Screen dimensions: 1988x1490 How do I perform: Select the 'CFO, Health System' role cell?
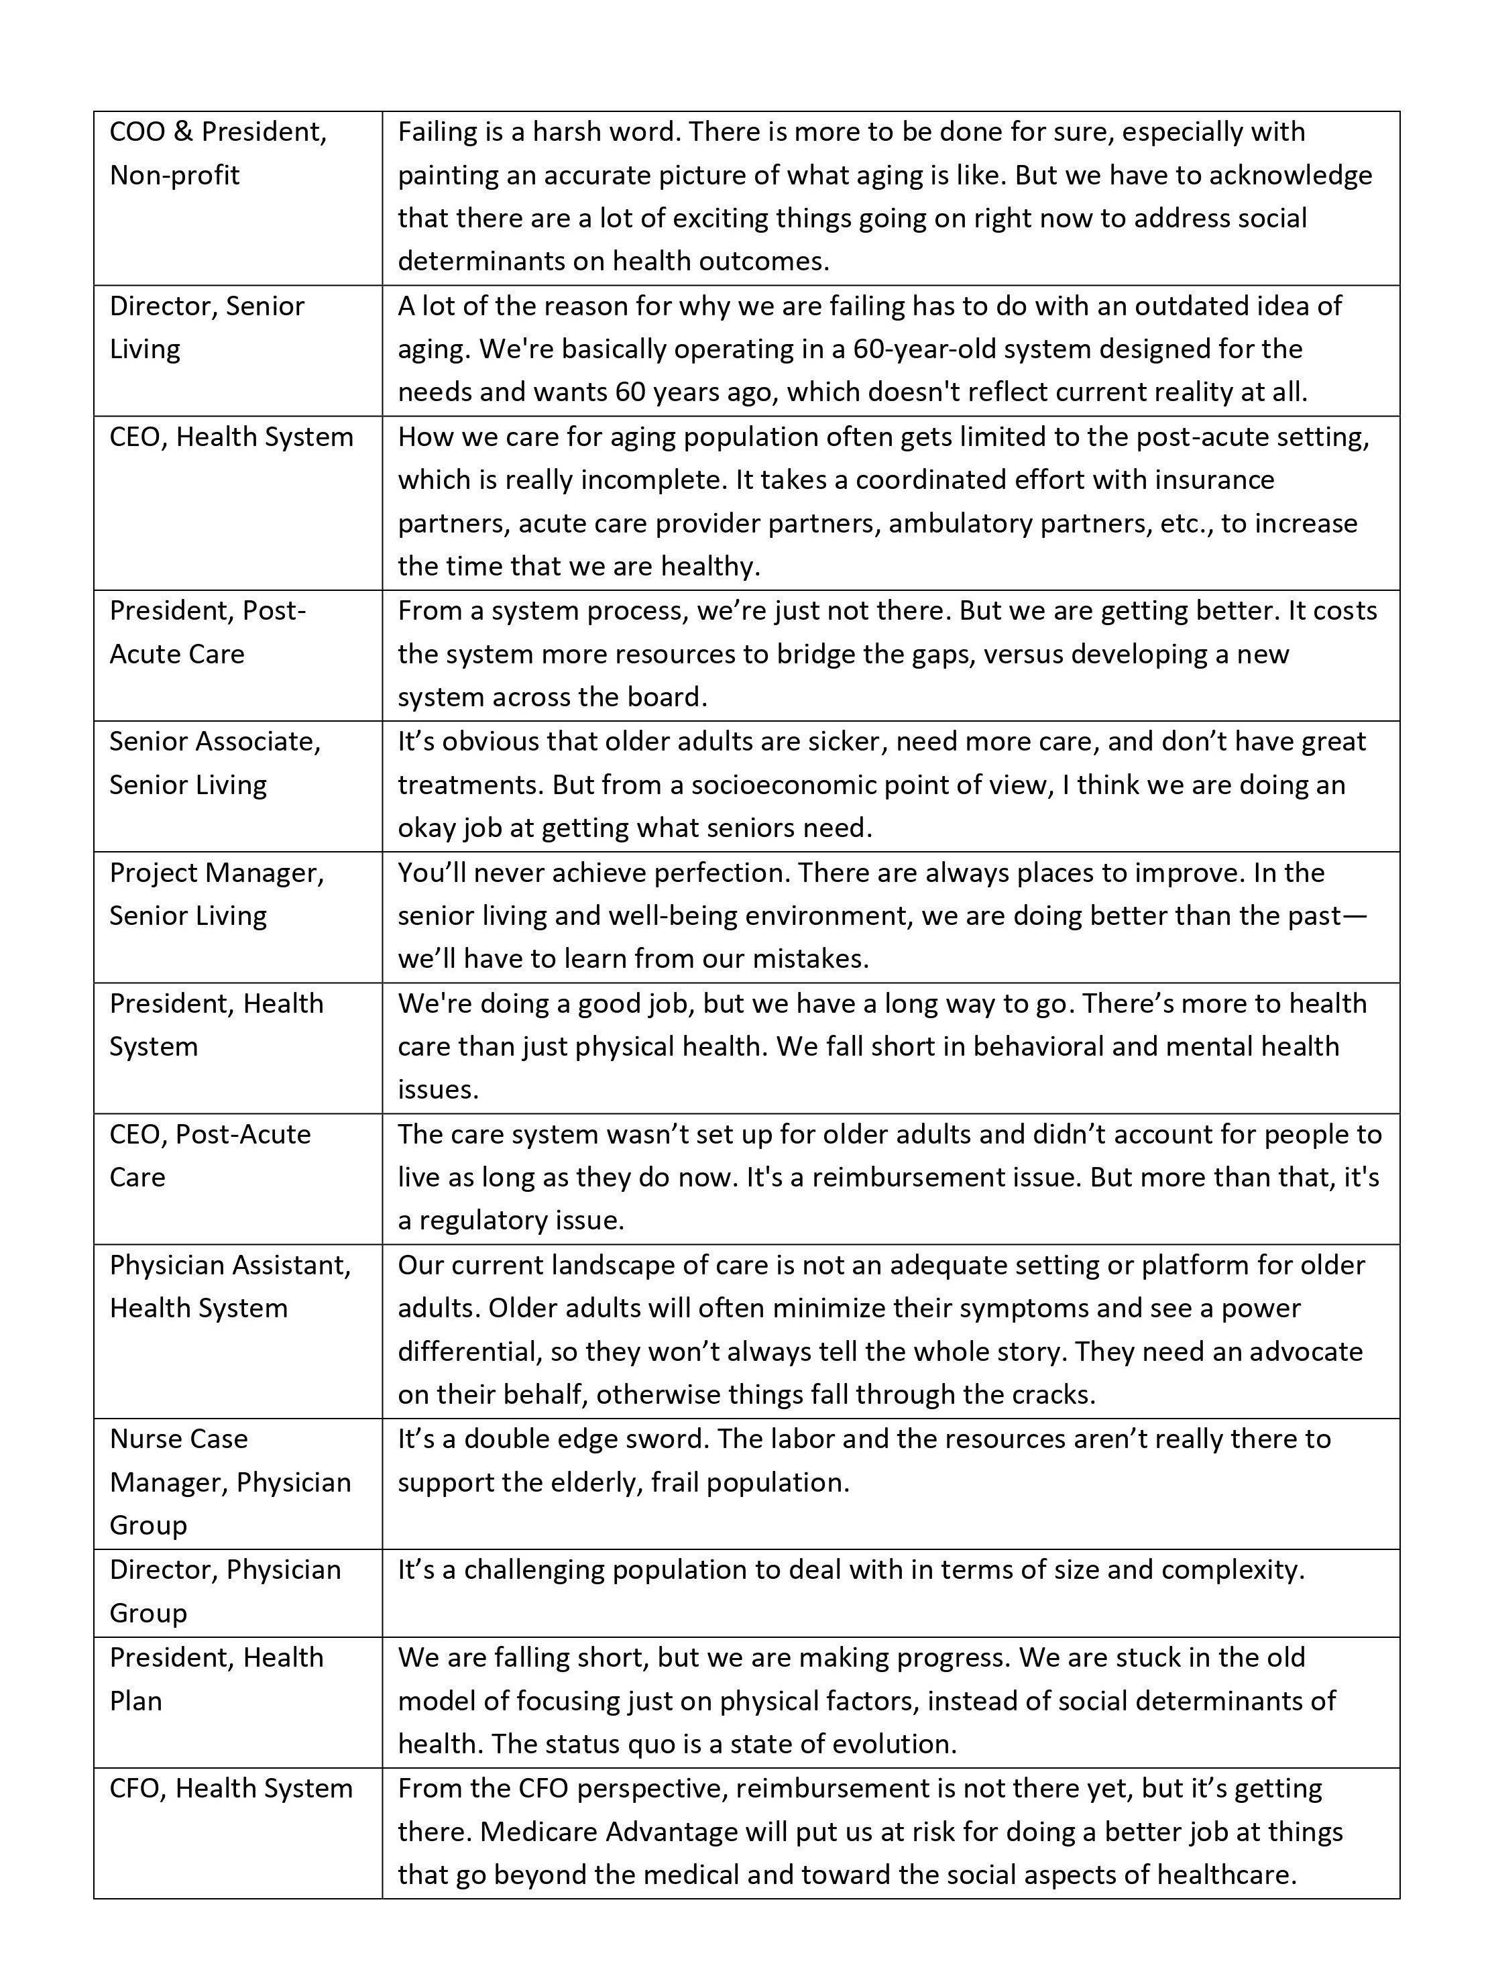click(x=231, y=1789)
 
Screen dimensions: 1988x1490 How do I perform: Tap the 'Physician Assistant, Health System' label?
click(x=230, y=1286)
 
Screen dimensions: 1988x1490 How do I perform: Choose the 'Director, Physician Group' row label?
click(x=225, y=1591)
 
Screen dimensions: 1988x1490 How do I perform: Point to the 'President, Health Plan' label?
click(x=216, y=1679)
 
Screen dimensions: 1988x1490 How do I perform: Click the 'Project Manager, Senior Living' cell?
click(x=217, y=894)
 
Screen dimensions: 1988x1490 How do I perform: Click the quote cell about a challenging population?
click(x=850, y=1570)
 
